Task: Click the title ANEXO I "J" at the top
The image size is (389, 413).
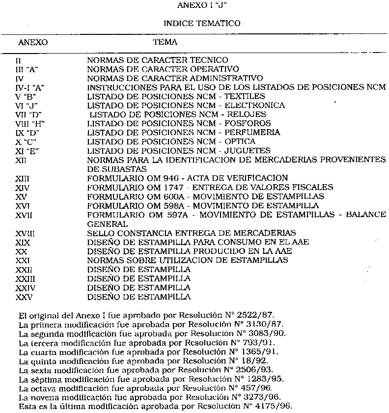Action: point(195,5)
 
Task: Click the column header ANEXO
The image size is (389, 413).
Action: point(33,43)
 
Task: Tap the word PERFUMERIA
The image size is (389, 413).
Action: point(252,133)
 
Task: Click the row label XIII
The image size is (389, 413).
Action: point(22,178)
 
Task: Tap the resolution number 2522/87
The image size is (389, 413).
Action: point(261,314)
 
